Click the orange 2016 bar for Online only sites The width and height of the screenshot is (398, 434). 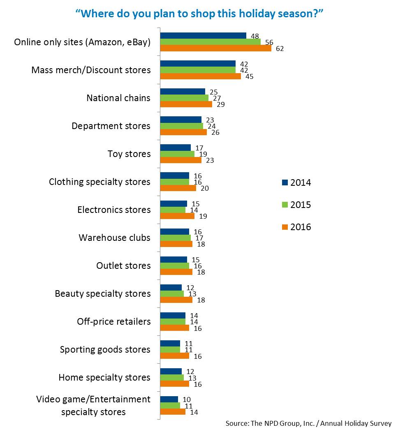[215, 48]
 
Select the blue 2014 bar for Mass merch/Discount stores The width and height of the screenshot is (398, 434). [197, 63]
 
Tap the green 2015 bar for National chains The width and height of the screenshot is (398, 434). [184, 98]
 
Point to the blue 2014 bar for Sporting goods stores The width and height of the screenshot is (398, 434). [170, 343]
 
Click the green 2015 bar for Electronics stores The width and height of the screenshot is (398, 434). [172, 210]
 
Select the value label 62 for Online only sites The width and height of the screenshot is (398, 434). [280, 48]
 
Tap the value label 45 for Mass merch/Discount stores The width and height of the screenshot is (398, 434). [250, 76]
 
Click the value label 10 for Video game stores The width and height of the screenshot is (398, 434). [187, 399]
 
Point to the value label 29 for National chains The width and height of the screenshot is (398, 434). [221, 104]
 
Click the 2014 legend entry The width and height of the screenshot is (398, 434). [296, 182]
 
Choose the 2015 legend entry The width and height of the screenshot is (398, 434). [296, 205]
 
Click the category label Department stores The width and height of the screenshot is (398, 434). [111, 126]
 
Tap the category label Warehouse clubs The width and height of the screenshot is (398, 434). [114, 238]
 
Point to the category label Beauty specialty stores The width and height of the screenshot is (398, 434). [103, 293]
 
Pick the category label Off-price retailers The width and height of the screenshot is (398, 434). [114, 321]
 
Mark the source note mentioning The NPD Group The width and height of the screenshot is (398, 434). [308, 423]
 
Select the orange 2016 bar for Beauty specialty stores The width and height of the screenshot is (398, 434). [176, 300]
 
